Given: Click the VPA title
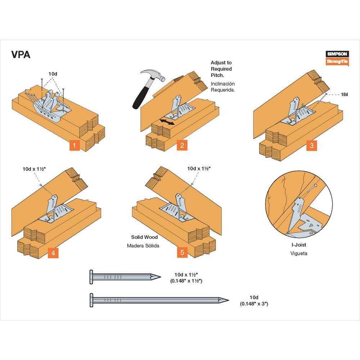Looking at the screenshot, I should (21, 55).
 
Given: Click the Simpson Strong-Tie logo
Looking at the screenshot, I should (337, 58).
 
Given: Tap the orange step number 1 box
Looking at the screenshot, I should (74, 145).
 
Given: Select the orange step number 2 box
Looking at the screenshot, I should (182, 145).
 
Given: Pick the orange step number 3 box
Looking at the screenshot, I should (311, 145).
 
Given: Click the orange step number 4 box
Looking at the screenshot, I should (53, 253).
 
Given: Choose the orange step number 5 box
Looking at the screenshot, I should (182, 253).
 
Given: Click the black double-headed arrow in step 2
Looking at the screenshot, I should (167, 122).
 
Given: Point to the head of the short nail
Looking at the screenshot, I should (91, 276).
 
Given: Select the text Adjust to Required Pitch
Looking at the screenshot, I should (221, 69).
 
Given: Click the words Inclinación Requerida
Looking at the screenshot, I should (223, 87).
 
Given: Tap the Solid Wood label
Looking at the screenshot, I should (144, 237).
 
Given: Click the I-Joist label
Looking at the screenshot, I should (299, 245).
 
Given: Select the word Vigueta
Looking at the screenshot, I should (299, 253).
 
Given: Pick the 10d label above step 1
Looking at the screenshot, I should (53, 74).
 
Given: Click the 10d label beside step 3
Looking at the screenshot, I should (345, 94).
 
